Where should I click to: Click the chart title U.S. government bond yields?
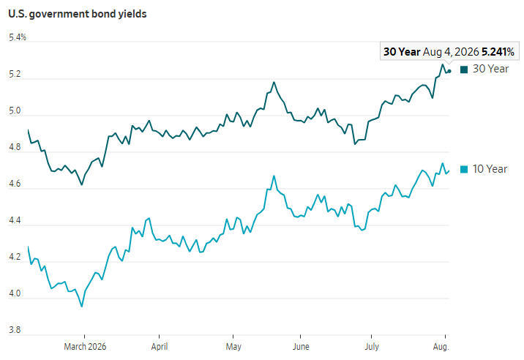tap(77, 14)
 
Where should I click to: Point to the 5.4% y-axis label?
tap(18, 37)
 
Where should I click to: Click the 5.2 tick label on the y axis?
tap(15, 74)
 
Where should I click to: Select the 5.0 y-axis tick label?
tap(15, 110)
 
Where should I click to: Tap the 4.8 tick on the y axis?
tap(15, 147)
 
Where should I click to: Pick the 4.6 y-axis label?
tap(15, 184)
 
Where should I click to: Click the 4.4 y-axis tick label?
tap(15, 220)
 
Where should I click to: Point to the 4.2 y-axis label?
tap(15, 257)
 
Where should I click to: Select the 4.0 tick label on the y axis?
tap(15, 293)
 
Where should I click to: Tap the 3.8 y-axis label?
tap(15, 330)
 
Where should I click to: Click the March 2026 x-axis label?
tap(85, 347)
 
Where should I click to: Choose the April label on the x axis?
tap(160, 347)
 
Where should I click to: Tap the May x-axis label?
tap(233, 347)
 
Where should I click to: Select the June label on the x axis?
tap(301, 347)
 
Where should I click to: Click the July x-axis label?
tap(372, 347)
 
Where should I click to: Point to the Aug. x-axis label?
tap(441, 347)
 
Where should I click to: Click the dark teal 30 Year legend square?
tap(464, 70)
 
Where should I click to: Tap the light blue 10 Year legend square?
tap(464, 169)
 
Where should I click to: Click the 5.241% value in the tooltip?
tap(498, 52)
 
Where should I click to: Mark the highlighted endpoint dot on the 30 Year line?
tap(449, 71)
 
